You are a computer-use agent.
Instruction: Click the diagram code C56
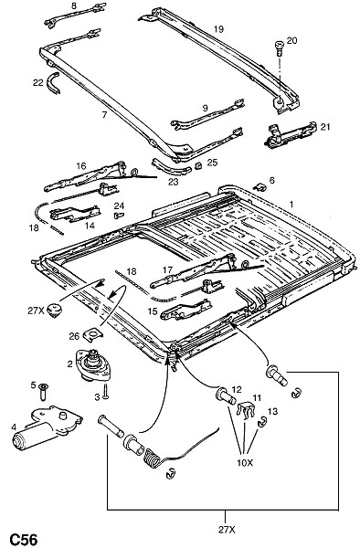pyautogui.click(x=23, y=539)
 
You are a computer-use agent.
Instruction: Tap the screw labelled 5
pyautogui.click(x=44, y=392)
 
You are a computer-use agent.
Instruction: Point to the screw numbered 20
pyautogui.click(x=280, y=47)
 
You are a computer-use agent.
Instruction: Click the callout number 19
pyautogui.click(x=218, y=29)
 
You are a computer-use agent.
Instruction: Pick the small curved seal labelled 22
pyautogui.click(x=53, y=83)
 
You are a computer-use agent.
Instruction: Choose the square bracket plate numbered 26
pyautogui.click(x=92, y=335)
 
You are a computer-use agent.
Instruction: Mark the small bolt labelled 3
pyautogui.click(x=106, y=392)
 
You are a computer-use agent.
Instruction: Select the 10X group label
pyautogui.click(x=245, y=463)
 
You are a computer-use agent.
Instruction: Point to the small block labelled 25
pyautogui.click(x=199, y=165)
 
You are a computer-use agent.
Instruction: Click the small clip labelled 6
pyautogui.click(x=260, y=186)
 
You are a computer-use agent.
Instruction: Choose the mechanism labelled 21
pyautogui.click(x=290, y=134)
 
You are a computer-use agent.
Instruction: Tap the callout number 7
pyautogui.click(x=104, y=114)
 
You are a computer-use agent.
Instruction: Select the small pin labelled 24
pyautogui.click(x=119, y=216)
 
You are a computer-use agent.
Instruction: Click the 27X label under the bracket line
pyautogui.click(x=228, y=530)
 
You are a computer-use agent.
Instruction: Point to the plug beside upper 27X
pyautogui.click(x=55, y=311)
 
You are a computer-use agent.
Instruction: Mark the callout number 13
pyautogui.click(x=272, y=411)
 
